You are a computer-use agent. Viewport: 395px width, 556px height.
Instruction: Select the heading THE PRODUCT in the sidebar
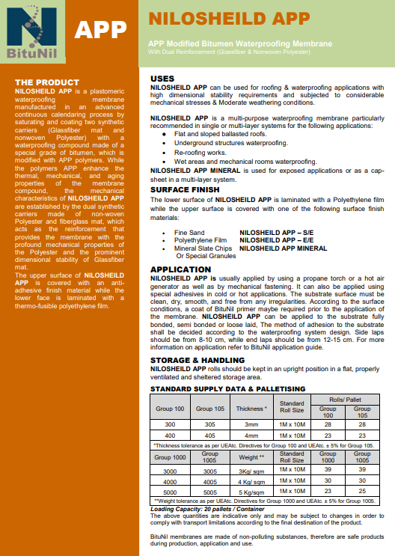[x=46, y=82]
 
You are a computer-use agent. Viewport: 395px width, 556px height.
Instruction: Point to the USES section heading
[x=162, y=79]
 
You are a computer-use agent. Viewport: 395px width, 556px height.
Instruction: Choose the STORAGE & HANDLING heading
[x=197, y=360]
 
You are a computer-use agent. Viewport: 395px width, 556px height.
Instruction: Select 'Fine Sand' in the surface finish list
[x=189, y=233]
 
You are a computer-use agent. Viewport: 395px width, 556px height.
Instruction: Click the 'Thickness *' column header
[x=251, y=409]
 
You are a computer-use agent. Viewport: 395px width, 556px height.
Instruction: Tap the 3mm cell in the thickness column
[x=251, y=424]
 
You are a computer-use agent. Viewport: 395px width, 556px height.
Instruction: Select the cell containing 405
[x=209, y=435]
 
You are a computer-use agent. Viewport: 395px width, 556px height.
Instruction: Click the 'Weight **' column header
[x=251, y=456]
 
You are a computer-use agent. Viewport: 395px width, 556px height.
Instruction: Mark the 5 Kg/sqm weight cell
[x=251, y=493]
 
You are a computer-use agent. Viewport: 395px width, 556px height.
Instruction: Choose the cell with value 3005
[x=209, y=471]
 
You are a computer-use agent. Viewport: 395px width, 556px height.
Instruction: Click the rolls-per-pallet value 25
[x=362, y=493]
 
